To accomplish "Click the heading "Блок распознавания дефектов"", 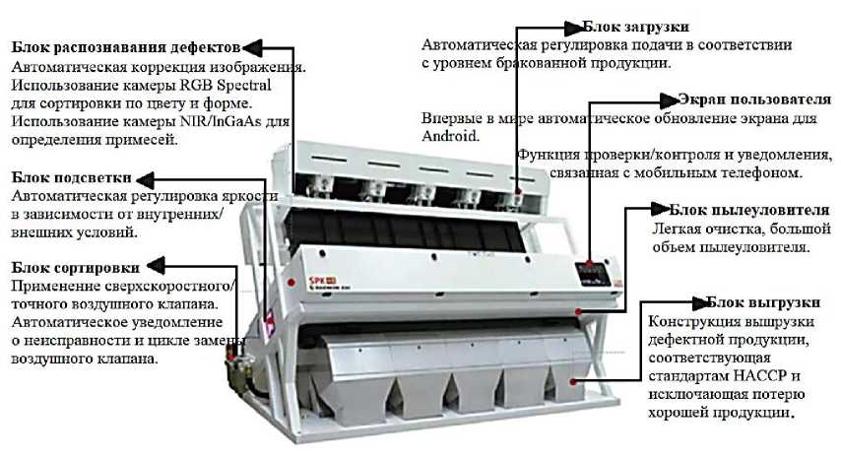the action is tap(125, 47).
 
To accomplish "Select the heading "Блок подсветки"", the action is tap(71, 177).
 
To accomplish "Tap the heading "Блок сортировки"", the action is tap(75, 267).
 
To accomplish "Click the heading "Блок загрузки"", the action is tap(635, 27).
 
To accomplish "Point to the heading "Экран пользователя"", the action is tap(754, 99).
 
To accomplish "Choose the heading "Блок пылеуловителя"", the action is tap(749, 210).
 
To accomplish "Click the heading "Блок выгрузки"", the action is tap(763, 302).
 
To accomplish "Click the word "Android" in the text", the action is tap(450, 136).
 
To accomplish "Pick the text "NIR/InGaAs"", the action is tap(221, 121).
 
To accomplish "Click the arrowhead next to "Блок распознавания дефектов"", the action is tap(251, 47).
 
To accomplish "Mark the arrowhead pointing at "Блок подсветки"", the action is tap(145, 179).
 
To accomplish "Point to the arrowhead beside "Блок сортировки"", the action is tap(156, 265).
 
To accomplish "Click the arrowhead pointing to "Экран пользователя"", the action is tap(670, 100).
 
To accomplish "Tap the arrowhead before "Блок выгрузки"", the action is tap(701, 303).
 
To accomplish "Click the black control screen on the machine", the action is tap(593, 274).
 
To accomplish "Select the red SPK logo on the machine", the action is tap(315, 280).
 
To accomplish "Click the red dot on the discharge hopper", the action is tap(573, 381).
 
